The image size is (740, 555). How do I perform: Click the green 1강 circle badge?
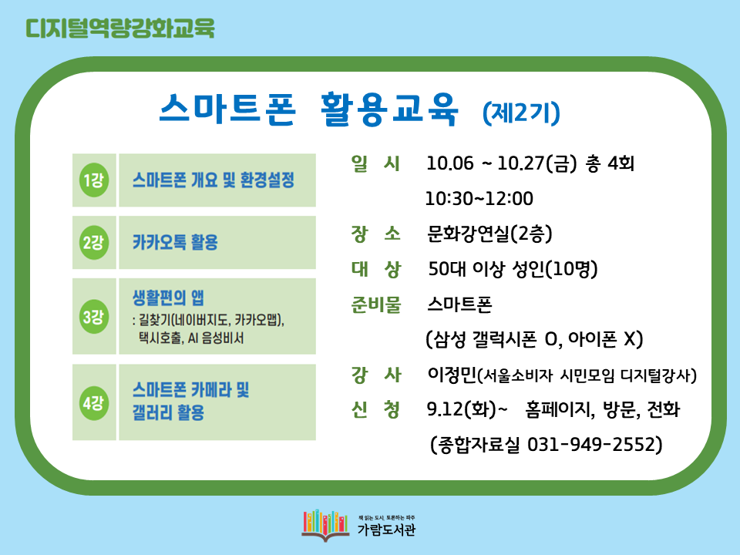(x=94, y=180)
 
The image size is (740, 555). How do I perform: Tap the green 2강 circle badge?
(x=94, y=243)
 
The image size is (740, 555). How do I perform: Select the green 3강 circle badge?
(x=94, y=317)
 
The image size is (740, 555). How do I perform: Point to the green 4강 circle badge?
(x=94, y=402)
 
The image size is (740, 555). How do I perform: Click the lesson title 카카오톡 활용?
(x=175, y=243)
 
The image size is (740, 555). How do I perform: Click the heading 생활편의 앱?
(x=168, y=298)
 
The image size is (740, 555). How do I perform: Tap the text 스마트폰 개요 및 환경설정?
(x=214, y=180)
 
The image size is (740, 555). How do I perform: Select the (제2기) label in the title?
(x=521, y=113)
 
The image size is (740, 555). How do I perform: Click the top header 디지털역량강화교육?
(x=120, y=28)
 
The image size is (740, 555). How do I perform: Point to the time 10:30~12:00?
(x=479, y=199)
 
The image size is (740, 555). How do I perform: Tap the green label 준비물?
(x=375, y=304)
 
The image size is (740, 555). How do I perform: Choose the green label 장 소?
(x=375, y=234)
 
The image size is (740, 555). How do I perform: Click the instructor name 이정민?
(x=452, y=375)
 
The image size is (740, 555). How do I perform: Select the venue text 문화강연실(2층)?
(x=489, y=234)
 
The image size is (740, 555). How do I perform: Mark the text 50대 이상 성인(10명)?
(x=513, y=269)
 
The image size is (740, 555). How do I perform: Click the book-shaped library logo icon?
(x=325, y=525)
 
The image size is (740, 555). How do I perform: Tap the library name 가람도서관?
(x=386, y=530)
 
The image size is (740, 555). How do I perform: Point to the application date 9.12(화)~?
(x=467, y=409)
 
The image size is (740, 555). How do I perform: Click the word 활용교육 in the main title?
(x=389, y=109)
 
